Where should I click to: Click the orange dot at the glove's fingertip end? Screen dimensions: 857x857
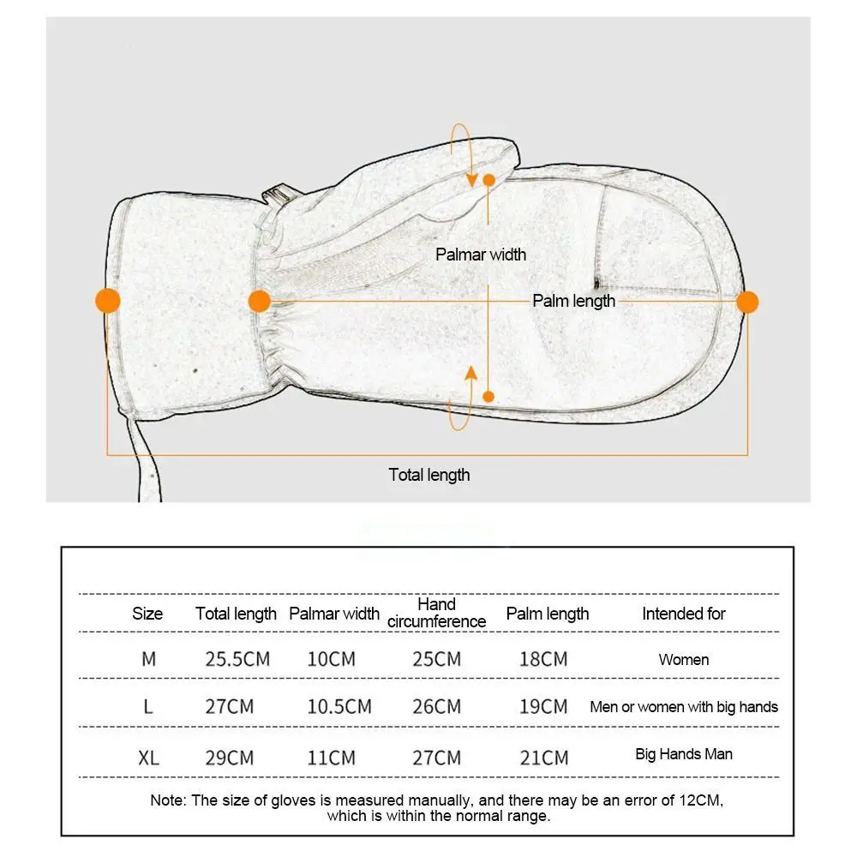pos(747,302)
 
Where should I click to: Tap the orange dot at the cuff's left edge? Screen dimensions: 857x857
pos(107,301)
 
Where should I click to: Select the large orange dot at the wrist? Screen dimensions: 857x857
pos(259,301)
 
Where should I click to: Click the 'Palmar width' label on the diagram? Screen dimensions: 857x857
pos(481,255)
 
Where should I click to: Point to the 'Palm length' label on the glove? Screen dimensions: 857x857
pos(573,301)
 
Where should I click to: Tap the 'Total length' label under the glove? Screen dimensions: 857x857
pos(429,475)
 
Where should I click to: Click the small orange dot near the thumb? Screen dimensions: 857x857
pos(488,180)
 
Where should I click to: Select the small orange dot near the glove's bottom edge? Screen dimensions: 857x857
pos(488,396)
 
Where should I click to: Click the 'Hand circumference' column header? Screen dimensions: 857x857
pos(436,613)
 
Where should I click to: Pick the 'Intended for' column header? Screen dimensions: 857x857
pos(684,614)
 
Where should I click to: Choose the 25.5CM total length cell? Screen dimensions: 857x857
pos(237,660)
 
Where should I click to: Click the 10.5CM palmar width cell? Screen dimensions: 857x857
pos(339,707)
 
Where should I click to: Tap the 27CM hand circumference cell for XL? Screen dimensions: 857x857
pos(436,758)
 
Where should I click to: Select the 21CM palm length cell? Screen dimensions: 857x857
pos(543,758)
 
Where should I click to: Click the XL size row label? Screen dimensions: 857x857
pos(148,758)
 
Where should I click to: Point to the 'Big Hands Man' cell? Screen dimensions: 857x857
pos(684,755)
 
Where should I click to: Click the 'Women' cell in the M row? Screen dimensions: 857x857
pos(684,660)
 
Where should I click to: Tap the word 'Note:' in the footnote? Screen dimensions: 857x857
pos(169,800)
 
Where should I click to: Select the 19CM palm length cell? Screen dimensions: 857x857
pos(543,707)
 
